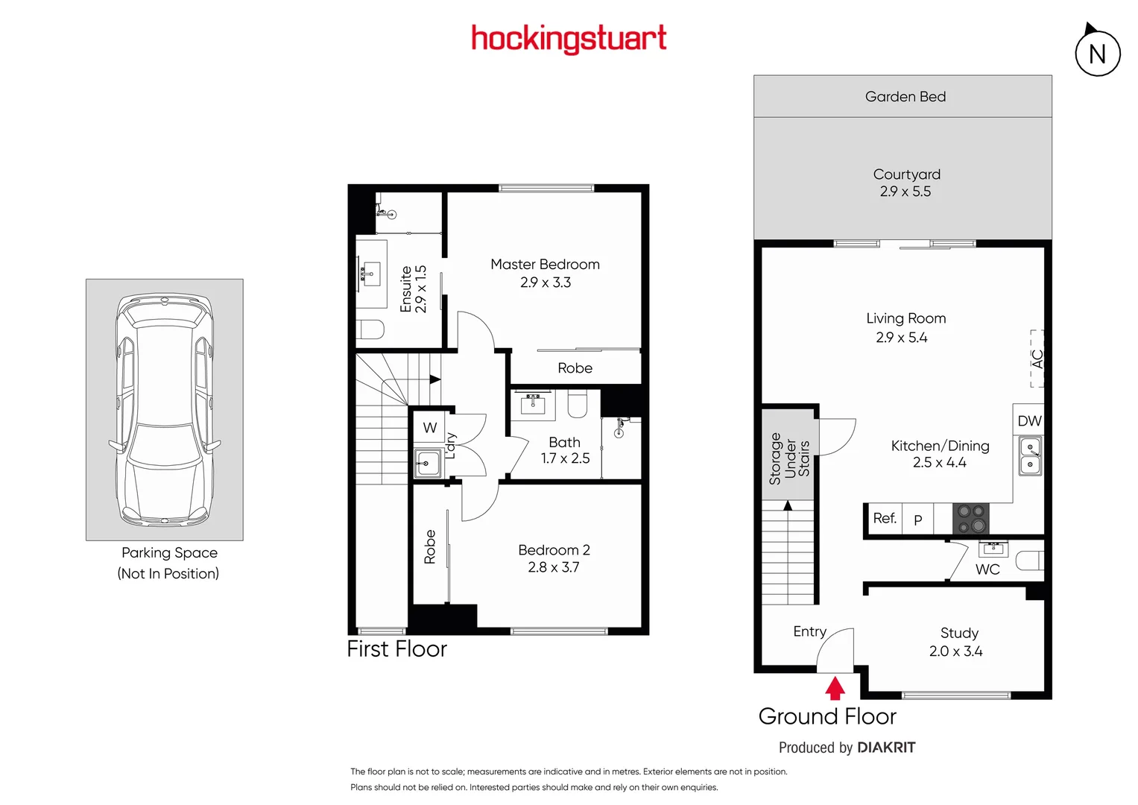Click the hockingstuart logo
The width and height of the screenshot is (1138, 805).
569,39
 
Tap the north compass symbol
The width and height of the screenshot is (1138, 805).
1097,53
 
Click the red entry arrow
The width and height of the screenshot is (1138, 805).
835,688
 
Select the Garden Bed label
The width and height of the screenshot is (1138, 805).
905,97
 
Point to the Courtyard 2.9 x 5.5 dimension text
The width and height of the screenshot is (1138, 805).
905,192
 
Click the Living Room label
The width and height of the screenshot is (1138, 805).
905,318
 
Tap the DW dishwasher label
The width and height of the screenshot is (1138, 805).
1029,421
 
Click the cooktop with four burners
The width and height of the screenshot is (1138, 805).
970,519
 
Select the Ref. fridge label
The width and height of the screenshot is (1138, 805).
885,518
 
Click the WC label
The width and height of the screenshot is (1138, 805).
987,569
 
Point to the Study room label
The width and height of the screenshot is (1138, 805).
959,633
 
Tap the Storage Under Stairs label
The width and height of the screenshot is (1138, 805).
789,458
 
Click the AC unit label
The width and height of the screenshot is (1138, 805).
1037,359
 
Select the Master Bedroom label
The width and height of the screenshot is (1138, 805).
545,265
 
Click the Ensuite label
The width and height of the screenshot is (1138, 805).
406,289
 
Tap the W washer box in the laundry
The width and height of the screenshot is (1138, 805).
430,428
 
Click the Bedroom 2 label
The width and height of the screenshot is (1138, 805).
554,550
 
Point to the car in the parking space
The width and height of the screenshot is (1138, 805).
165,409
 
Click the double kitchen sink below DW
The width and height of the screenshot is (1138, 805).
1030,456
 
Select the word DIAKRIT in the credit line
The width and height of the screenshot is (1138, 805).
886,748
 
